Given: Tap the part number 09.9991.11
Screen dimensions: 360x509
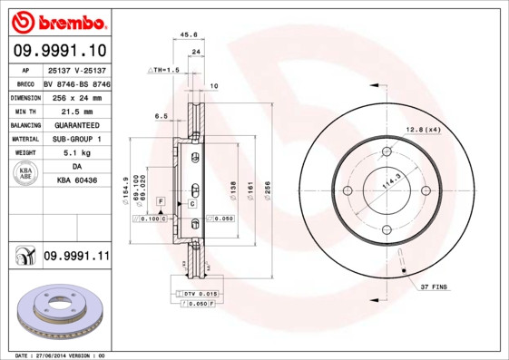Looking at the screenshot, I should (75, 258).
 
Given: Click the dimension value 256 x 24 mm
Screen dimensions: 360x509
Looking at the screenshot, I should (75, 96).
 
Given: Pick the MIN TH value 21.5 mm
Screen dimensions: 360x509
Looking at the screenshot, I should (75, 111).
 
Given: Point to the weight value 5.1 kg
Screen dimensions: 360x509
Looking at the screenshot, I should (75, 153).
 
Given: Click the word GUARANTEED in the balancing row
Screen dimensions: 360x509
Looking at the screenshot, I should (75, 125).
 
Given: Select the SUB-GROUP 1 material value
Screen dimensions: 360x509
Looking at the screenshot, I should (75, 139).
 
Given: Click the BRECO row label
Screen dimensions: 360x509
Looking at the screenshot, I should (25, 83).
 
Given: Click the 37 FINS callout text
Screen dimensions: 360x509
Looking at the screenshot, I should (435, 287).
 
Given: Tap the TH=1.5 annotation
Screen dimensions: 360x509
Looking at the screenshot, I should (164, 69).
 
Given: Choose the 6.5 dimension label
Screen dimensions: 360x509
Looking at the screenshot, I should (162, 116).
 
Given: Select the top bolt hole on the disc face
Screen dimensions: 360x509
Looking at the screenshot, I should (386, 151).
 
